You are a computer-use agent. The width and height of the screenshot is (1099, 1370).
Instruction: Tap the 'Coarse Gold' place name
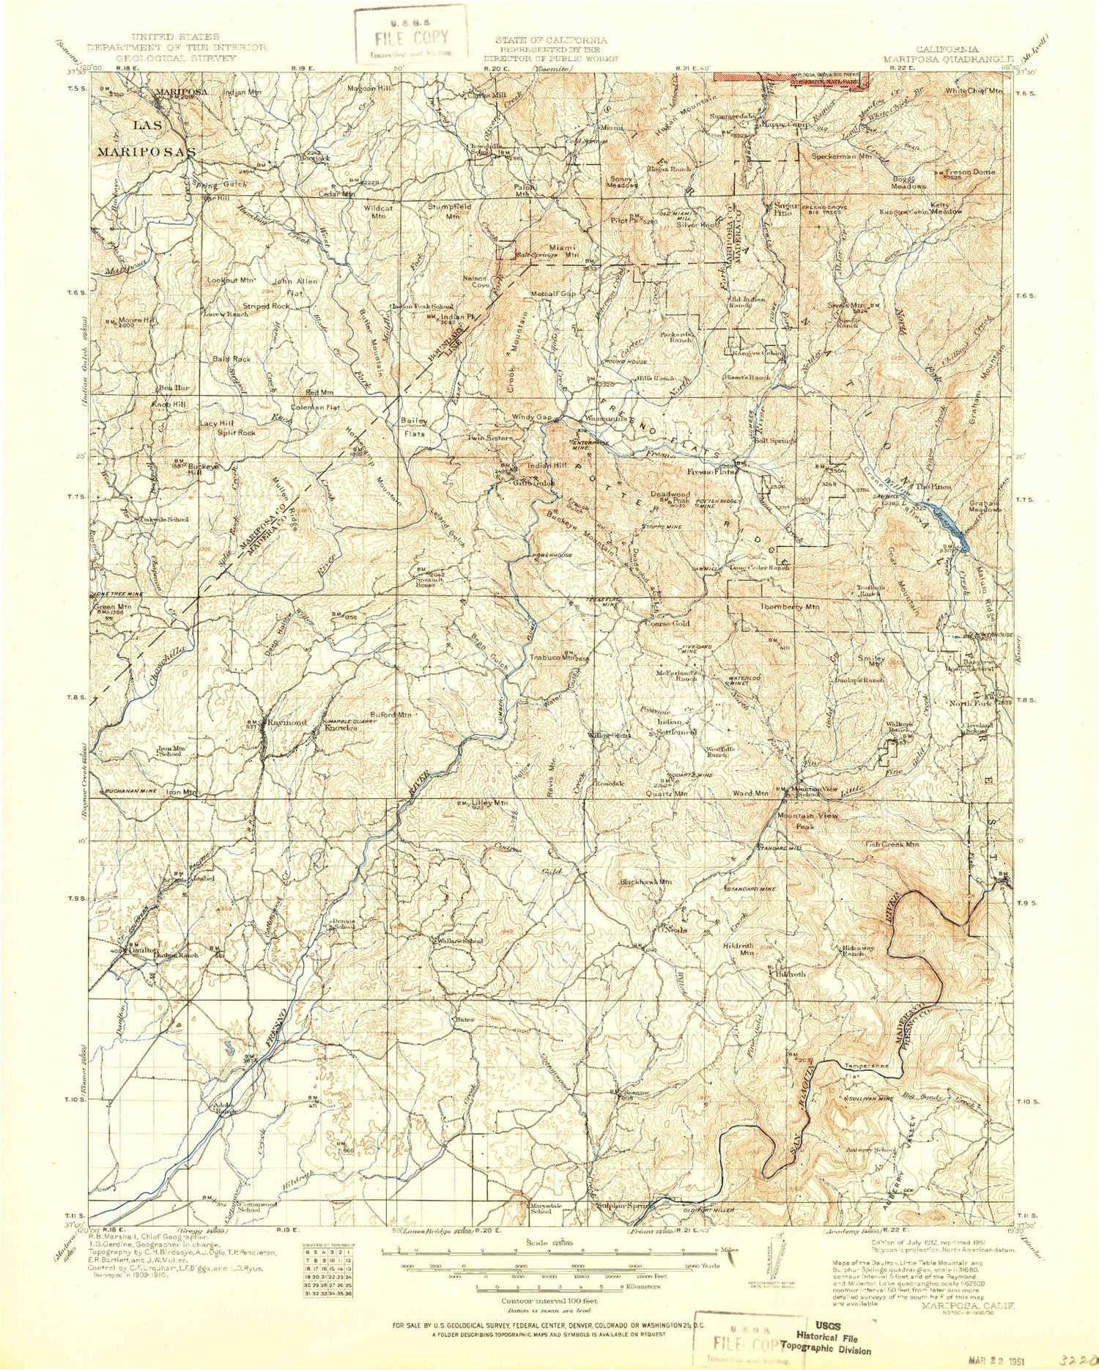tap(667, 624)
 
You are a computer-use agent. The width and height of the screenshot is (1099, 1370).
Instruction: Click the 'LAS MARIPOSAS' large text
tap(147, 139)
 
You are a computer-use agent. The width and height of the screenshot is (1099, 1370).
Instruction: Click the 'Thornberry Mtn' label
tap(790, 607)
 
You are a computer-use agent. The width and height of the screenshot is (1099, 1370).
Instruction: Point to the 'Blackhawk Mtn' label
tap(645, 882)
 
